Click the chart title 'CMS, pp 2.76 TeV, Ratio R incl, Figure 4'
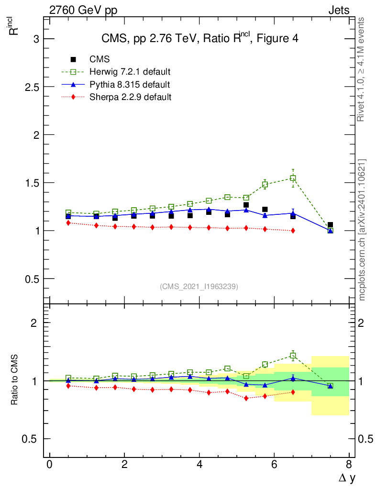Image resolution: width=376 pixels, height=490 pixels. point(200,39)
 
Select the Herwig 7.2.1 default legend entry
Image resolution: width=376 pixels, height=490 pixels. point(130,72)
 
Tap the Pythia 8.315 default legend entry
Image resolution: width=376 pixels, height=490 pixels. point(130,85)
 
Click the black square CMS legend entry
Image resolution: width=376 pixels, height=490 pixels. point(100,59)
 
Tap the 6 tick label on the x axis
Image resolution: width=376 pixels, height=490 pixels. point(274,465)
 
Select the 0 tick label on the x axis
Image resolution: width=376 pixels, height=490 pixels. point(50,465)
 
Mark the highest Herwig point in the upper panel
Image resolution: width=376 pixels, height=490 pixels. point(293,178)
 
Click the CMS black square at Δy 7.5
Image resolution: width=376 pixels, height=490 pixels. point(330,224)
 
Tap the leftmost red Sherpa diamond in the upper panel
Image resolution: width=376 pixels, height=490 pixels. point(68,223)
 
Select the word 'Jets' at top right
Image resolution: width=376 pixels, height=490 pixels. point(338,10)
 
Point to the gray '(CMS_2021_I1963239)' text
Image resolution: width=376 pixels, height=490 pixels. point(199,287)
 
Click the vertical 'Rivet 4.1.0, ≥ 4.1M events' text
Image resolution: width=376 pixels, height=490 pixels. point(362,69)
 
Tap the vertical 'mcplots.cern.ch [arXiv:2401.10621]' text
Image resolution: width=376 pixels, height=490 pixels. point(362,230)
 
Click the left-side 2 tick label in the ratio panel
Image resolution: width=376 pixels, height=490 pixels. point(34,323)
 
